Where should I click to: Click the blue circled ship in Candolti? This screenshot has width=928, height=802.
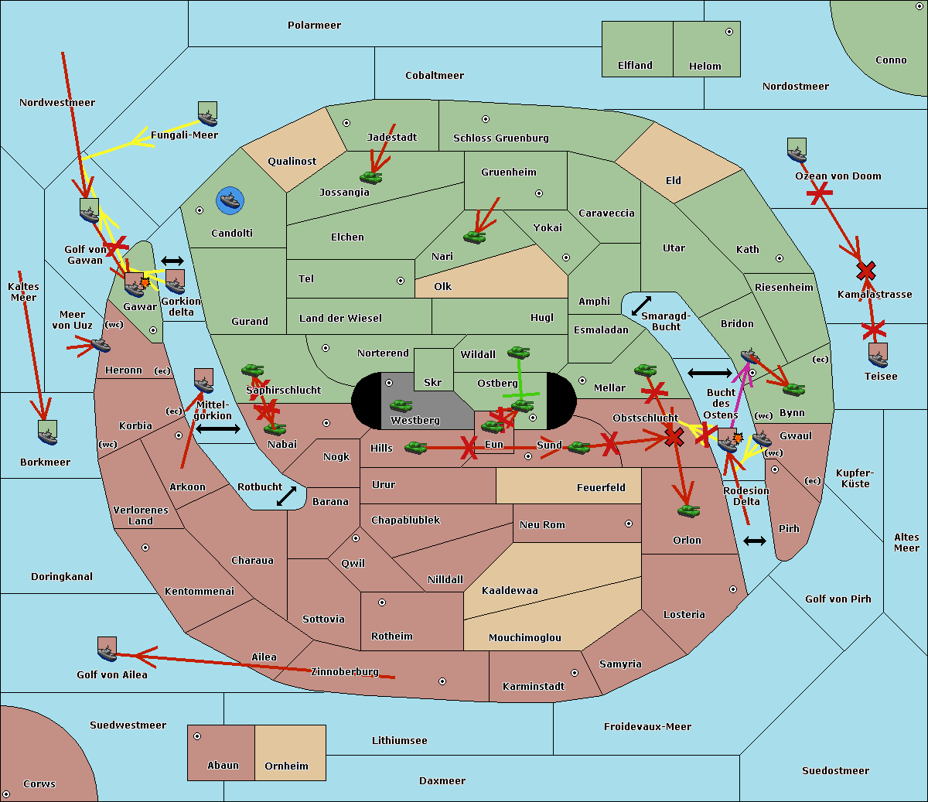(x=230, y=200)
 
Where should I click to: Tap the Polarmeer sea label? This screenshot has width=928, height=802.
(x=314, y=26)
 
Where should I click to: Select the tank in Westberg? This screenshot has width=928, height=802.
(x=401, y=406)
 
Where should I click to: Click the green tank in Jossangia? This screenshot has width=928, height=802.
(x=371, y=177)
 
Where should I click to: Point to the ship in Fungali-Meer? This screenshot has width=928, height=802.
(x=207, y=114)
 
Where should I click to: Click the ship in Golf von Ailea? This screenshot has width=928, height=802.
(x=107, y=649)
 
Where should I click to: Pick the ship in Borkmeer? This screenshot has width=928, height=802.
(x=48, y=432)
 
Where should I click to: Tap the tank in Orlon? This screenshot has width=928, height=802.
(x=689, y=511)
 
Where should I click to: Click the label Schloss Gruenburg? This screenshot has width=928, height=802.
(x=501, y=138)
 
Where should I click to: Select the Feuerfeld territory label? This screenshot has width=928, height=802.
(x=601, y=487)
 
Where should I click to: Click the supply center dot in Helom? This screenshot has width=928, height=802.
(x=729, y=32)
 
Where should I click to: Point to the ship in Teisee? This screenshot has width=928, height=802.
(x=878, y=355)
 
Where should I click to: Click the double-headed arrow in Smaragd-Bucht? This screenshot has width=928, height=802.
(x=641, y=305)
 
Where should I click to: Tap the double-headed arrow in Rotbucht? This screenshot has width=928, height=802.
(x=286, y=496)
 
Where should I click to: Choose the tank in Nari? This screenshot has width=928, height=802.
(x=475, y=237)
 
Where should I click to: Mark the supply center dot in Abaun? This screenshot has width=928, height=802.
(x=196, y=736)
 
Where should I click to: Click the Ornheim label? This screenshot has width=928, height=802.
(x=286, y=766)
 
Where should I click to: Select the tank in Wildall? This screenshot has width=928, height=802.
(x=519, y=352)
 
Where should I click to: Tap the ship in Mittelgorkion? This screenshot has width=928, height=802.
(x=203, y=381)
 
